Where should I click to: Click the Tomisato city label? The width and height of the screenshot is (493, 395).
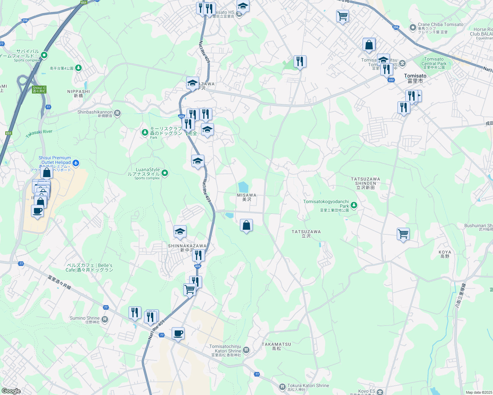click(x=415, y=78)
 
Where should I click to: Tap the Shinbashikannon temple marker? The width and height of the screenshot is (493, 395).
click(x=117, y=113)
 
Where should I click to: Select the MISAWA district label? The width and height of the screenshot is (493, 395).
click(x=246, y=197)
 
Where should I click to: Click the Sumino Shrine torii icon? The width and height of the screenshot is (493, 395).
click(x=105, y=319)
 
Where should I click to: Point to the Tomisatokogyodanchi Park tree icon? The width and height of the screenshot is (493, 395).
click(x=354, y=205)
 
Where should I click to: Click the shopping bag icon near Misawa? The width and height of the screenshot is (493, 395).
click(x=246, y=226)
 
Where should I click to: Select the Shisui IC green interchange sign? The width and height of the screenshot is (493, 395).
click(x=39, y=90)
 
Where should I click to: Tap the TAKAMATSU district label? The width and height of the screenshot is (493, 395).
click(x=276, y=346)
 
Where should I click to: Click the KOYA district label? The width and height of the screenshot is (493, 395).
click(x=445, y=254)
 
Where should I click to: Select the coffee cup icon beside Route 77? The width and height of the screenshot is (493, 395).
click(x=178, y=334)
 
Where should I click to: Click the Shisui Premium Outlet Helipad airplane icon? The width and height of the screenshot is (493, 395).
click(x=76, y=163)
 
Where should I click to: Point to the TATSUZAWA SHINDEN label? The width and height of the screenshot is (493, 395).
click(x=365, y=183)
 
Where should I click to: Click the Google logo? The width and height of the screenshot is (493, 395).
click(x=11, y=391)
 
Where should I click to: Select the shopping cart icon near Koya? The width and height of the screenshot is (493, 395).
click(x=403, y=234)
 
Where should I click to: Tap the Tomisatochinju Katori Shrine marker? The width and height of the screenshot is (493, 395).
click(x=246, y=350)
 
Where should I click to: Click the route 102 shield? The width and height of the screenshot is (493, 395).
click(x=391, y=80)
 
